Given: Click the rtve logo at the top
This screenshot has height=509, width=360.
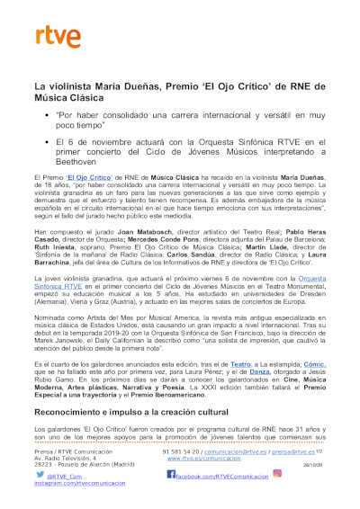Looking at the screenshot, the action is click(51, 37).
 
